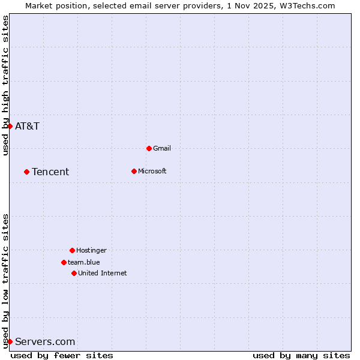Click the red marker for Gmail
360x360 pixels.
(x=149, y=148)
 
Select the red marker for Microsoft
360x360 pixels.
(x=134, y=171)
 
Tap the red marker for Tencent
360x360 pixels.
(x=26, y=172)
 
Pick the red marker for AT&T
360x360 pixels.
(x=10, y=126)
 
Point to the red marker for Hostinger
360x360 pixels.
(x=72, y=250)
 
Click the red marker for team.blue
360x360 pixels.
(x=64, y=262)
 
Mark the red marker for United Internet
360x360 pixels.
(x=74, y=273)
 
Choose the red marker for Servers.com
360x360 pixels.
(x=10, y=341)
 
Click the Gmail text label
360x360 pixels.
(x=162, y=148)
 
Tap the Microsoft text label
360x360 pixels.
(x=152, y=171)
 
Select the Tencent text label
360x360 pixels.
(x=50, y=172)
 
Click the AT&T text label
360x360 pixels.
(x=27, y=126)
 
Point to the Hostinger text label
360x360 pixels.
(x=91, y=250)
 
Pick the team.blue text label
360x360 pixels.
(x=83, y=262)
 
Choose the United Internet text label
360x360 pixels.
(x=102, y=273)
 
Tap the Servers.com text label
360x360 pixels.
(x=45, y=342)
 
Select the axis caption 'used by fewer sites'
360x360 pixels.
(x=62, y=356)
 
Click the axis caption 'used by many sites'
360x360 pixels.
(x=301, y=356)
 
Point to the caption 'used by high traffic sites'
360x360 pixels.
(x=5, y=85)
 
